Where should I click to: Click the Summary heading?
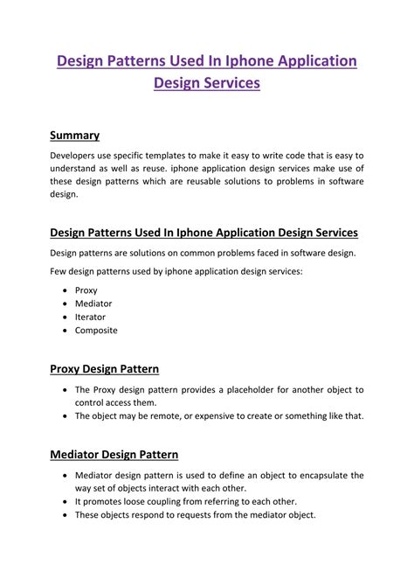(74, 136)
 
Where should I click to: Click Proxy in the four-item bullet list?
(86, 290)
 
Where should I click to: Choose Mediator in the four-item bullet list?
(93, 303)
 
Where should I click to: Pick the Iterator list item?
(91, 317)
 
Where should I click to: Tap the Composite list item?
(96, 331)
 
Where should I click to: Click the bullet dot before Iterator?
(66, 317)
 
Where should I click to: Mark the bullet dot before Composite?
(66, 331)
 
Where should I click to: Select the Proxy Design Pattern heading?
(104, 369)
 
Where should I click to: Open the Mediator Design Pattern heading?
(114, 455)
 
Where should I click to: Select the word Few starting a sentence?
(59, 271)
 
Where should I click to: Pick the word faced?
(258, 253)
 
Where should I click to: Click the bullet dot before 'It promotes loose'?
(66, 502)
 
